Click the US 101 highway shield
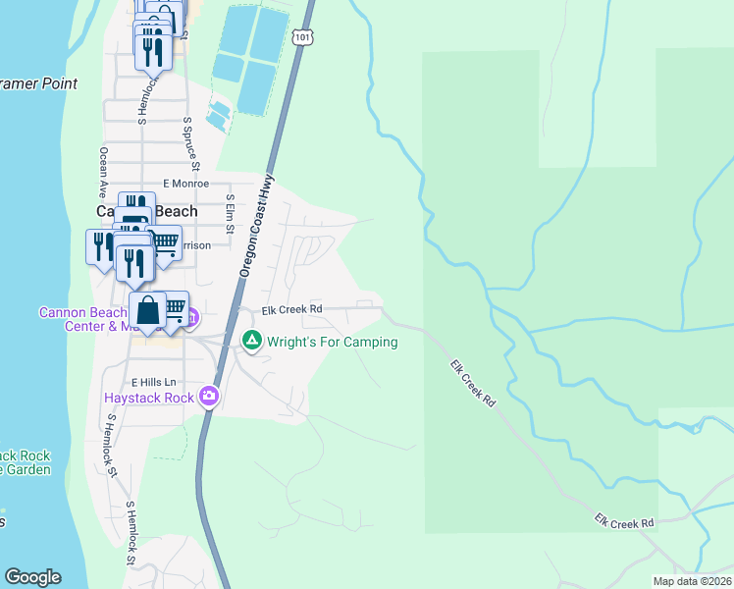301,37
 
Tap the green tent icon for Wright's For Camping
252,342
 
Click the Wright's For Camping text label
332,342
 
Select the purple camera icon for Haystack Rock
208,397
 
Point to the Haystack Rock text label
150,398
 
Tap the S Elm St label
230,213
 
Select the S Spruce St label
192,142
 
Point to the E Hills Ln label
152,381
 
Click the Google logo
32,577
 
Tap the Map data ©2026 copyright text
691,581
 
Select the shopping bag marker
147,310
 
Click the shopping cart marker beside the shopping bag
175,308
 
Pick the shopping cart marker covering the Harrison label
165,241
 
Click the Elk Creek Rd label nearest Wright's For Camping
291,310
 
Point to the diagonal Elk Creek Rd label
474,384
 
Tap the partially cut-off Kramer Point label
39,84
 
